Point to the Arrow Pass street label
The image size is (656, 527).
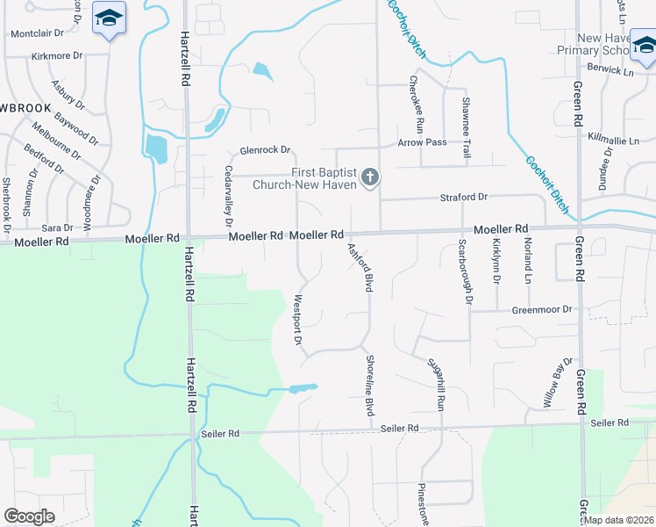422,142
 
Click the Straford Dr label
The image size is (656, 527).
464,198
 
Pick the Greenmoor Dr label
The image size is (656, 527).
541,309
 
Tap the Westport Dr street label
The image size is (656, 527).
297,320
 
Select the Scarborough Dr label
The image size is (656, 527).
466,272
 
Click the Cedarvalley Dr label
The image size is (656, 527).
228,195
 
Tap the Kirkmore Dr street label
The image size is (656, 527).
56,55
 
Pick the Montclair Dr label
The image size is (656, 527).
37,33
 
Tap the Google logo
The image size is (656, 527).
29,516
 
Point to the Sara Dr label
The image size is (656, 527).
57,227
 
